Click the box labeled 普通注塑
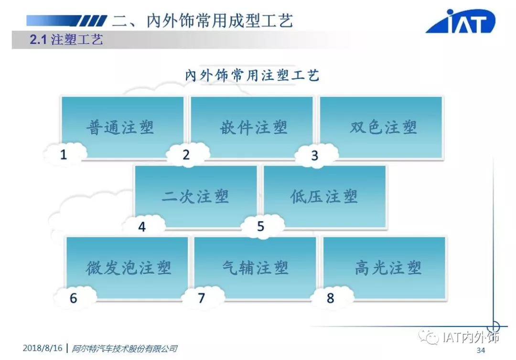tap(122, 127)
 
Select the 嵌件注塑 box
tap(252, 127)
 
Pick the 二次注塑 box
tap(195, 196)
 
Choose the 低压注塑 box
tap(325, 196)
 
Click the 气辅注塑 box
tap(255, 267)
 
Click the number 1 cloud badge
tap(64, 154)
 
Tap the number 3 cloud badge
tap(315, 156)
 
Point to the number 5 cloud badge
tap(261, 226)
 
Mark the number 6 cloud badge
tap(74, 298)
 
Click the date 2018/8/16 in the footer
tap(43, 348)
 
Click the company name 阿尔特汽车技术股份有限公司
tap(124, 349)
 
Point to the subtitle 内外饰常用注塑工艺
tap(252, 75)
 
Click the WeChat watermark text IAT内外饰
tap(470, 338)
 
